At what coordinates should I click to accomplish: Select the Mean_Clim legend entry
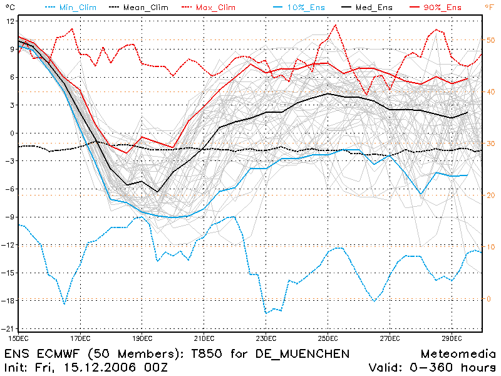(x=138, y=8)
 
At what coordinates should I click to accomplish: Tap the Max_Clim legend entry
(x=209, y=8)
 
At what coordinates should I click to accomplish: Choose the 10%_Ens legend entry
(x=299, y=8)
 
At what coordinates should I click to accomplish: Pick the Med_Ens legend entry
(x=367, y=8)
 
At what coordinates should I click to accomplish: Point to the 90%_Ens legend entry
(x=435, y=8)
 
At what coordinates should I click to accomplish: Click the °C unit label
(x=10, y=7)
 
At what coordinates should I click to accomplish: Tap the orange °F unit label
(x=490, y=7)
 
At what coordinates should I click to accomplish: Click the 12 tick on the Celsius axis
(x=10, y=21)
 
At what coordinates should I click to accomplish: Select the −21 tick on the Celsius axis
(x=8, y=329)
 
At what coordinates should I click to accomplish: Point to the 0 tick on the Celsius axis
(x=13, y=133)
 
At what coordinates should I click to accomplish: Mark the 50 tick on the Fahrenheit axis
(x=490, y=40)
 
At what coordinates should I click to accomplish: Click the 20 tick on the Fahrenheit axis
(x=490, y=196)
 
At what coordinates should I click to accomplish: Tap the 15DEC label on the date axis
(x=18, y=338)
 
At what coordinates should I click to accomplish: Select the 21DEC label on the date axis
(x=204, y=338)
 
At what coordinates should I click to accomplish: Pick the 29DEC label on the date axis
(x=452, y=338)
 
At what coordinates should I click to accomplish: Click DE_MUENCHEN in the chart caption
(x=302, y=354)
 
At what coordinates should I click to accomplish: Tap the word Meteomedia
(x=458, y=354)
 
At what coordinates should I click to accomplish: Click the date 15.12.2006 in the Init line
(x=100, y=367)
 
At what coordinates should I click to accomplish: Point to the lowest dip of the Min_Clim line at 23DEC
(x=266, y=313)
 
